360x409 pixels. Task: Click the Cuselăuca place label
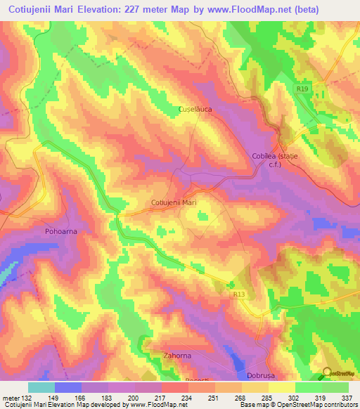point(195,110)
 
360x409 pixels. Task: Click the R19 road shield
point(301,89)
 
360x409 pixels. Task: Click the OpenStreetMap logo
point(338,375)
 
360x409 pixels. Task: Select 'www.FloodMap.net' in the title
point(240,10)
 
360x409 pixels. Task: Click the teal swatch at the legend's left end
point(41,387)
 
